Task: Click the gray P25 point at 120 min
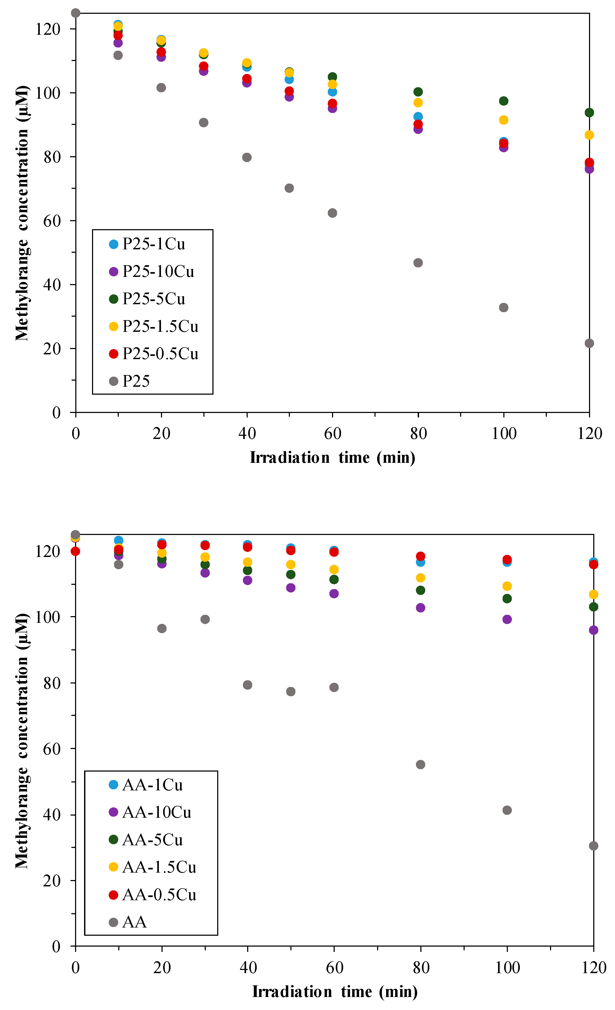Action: click(x=589, y=343)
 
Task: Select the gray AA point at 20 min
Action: click(x=162, y=628)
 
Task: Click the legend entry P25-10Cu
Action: click(x=158, y=271)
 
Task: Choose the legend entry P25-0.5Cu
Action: click(x=160, y=354)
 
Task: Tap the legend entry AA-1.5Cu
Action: click(x=159, y=867)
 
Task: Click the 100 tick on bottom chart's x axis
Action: click(x=507, y=968)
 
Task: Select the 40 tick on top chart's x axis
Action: click(x=247, y=434)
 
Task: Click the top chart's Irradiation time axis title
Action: click(x=332, y=458)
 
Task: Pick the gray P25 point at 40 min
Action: click(x=247, y=157)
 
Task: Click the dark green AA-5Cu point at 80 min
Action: click(x=420, y=590)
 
